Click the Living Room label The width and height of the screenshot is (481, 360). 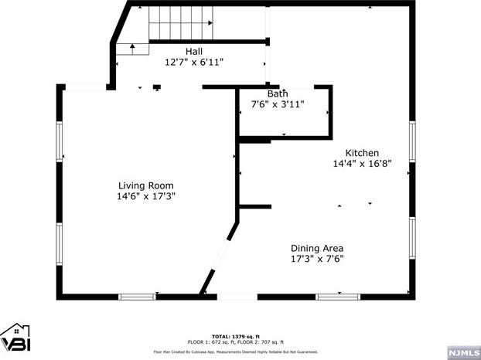[145, 185]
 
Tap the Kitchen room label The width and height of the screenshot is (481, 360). [362, 153]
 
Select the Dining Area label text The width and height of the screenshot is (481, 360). [317, 248]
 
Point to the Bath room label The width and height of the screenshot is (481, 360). [278, 93]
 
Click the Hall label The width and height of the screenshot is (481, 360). [194, 51]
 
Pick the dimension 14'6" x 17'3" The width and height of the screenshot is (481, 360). [145, 196]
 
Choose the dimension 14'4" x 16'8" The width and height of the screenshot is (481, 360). [362, 164]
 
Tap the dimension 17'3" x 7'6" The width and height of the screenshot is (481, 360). [317, 259]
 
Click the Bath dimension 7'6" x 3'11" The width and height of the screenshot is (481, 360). [278, 104]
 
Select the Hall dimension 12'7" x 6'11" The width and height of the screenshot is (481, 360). [194, 62]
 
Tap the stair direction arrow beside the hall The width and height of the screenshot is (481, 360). [133, 48]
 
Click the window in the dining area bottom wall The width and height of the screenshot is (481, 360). [338, 296]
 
